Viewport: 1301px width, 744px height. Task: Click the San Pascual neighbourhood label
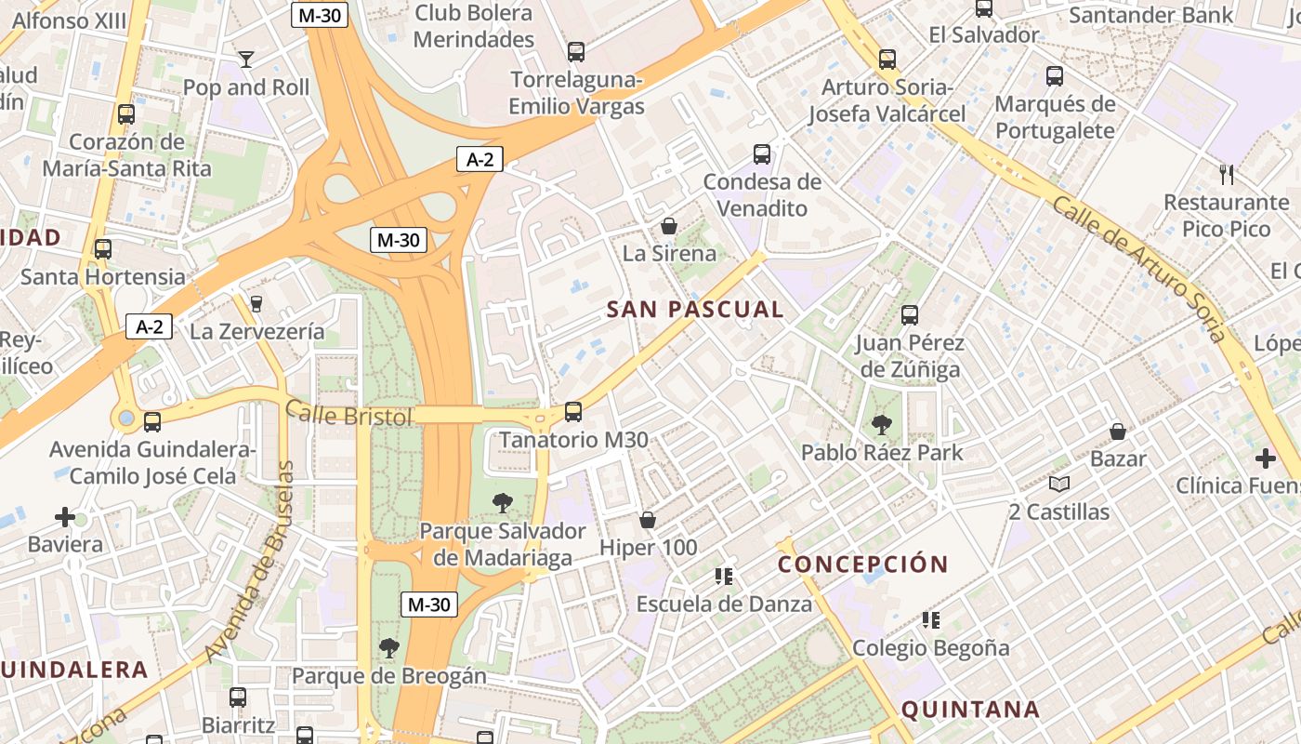pos(695,310)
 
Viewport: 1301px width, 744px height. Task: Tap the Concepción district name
pos(862,565)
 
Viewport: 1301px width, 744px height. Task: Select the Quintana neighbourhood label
pos(970,710)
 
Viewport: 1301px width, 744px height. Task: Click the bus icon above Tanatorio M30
pos(573,412)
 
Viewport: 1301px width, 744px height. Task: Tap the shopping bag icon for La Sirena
pos(668,226)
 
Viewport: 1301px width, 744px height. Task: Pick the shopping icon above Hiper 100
pos(648,520)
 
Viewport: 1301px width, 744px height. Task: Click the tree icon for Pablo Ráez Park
pos(881,425)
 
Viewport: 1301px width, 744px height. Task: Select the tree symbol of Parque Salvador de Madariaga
pos(503,503)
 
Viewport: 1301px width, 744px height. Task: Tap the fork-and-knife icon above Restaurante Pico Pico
pos(1227,174)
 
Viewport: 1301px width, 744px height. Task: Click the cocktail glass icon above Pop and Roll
pos(245,60)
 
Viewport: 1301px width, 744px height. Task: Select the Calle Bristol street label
pos(348,413)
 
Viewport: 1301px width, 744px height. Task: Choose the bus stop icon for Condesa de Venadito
pos(762,154)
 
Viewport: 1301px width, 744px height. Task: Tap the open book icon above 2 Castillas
pos(1058,484)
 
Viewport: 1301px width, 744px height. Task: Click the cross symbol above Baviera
pos(65,516)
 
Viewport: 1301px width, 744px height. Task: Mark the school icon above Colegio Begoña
pos(930,619)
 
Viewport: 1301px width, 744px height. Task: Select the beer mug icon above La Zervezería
pos(256,303)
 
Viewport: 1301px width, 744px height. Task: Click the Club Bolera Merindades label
pos(474,26)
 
